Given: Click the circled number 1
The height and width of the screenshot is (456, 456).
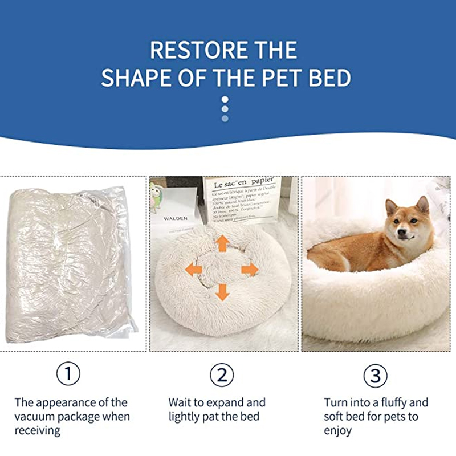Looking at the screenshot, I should [x=68, y=374].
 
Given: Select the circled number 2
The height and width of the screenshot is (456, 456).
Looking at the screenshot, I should [x=222, y=374].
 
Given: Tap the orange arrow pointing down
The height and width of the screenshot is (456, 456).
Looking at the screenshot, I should [x=222, y=292].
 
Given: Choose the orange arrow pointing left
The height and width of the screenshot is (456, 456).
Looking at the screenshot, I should [x=194, y=269].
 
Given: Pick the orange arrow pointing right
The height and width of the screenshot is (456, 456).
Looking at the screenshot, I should [x=250, y=269].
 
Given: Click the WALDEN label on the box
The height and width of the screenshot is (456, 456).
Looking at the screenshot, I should [x=175, y=218].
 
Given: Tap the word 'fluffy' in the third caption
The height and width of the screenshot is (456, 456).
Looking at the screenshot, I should [x=398, y=402].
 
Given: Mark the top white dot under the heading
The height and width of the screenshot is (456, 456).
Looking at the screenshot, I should [x=225, y=99].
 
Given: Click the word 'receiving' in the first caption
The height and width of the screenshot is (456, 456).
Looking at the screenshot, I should [x=38, y=430].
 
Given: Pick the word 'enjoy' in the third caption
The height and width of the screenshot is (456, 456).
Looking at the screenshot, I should [x=339, y=430].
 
